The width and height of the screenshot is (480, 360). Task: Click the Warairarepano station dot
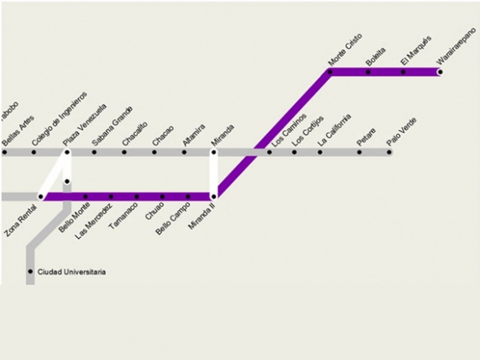click(440, 72)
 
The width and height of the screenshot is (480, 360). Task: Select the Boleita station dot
click(368, 72)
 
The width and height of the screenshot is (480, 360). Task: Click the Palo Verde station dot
click(389, 152)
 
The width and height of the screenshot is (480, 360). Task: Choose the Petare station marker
click(359, 152)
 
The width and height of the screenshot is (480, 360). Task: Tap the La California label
click(334, 131)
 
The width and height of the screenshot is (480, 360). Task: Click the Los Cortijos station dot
click(294, 152)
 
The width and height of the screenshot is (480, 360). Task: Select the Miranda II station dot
click(214, 197)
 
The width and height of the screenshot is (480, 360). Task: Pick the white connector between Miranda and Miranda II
click(214, 174)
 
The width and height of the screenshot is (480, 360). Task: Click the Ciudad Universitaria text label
click(71, 272)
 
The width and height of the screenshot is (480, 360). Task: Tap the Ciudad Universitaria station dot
click(30, 272)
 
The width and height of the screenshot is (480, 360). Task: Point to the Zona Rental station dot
click(41, 197)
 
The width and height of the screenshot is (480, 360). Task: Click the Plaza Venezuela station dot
click(67, 152)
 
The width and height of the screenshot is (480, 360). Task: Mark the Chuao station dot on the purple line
click(162, 197)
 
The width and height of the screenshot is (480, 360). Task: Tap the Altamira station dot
click(184, 152)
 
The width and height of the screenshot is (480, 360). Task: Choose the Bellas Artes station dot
click(4, 152)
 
